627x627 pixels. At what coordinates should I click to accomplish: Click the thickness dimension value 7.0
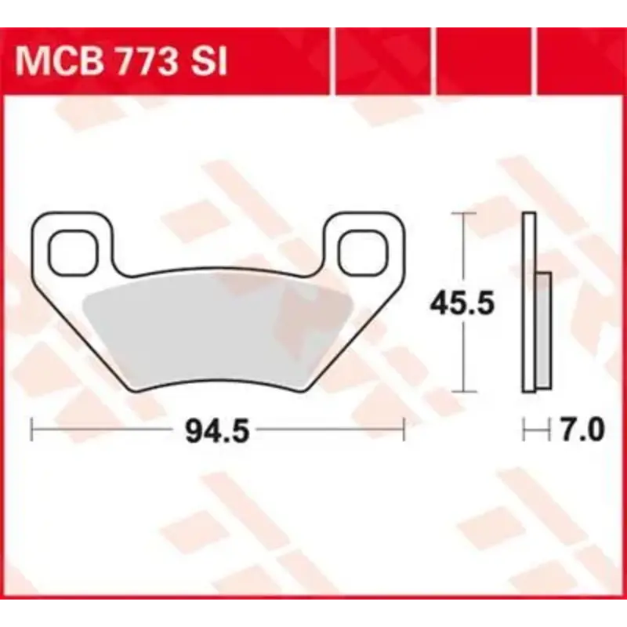(x=581, y=430)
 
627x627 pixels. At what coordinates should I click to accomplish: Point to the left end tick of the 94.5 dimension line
(x=31, y=429)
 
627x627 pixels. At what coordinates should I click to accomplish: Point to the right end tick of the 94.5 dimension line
(x=403, y=429)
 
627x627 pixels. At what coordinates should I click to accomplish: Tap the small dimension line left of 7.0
(x=533, y=429)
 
